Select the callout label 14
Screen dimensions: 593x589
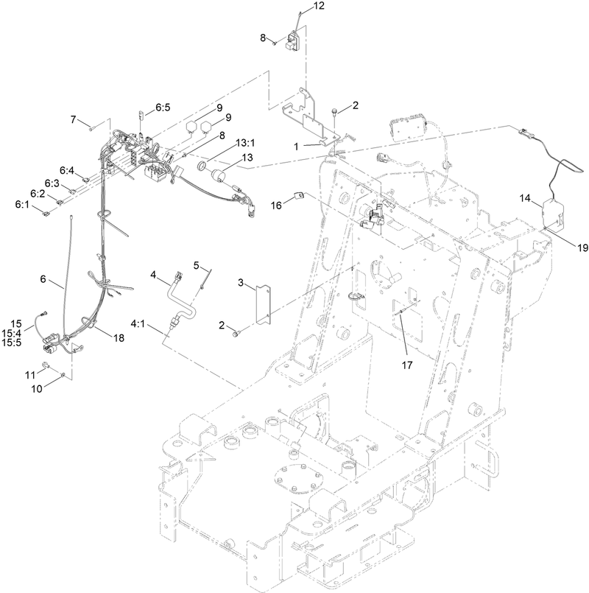[x=523, y=197]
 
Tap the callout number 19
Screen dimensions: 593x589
[x=582, y=248]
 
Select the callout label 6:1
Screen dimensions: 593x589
[x=21, y=204]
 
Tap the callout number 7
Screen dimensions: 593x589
[x=74, y=119]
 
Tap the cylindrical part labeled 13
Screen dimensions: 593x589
[x=218, y=178]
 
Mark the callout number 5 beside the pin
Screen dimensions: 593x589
[x=197, y=264]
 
